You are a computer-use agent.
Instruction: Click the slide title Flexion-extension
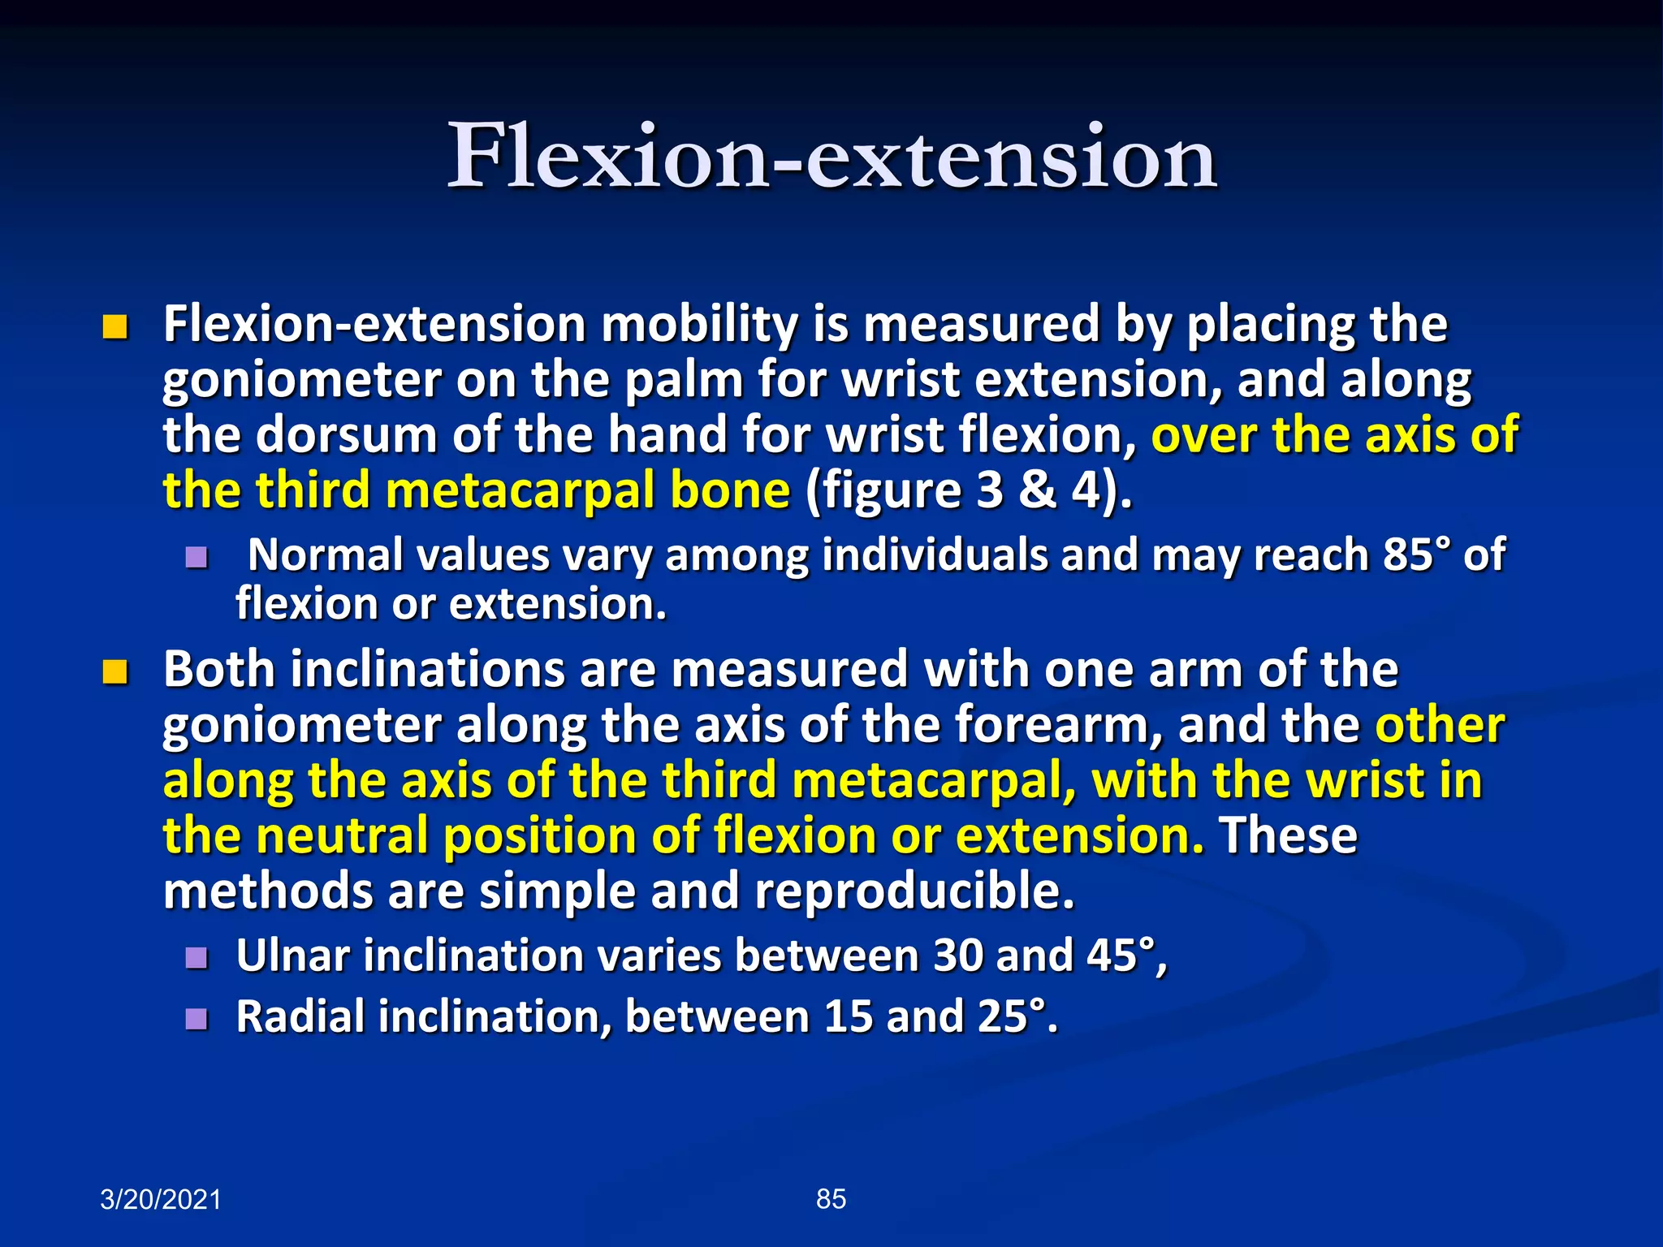tap(831, 156)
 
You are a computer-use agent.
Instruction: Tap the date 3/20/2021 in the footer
tap(160, 1199)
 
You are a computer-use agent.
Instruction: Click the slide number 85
tap(831, 1198)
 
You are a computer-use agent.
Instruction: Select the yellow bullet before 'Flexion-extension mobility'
tap(115, 327)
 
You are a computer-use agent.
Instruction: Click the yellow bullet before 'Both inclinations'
tap(115, 672)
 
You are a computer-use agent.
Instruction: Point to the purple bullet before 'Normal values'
tap(197, 557)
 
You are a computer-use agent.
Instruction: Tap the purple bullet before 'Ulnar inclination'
tap(197, 958)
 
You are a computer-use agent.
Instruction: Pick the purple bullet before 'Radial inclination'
tap(197, 1019)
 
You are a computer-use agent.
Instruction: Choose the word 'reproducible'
tap(914, 891)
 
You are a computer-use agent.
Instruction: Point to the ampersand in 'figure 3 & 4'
tap(1037, 490)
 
